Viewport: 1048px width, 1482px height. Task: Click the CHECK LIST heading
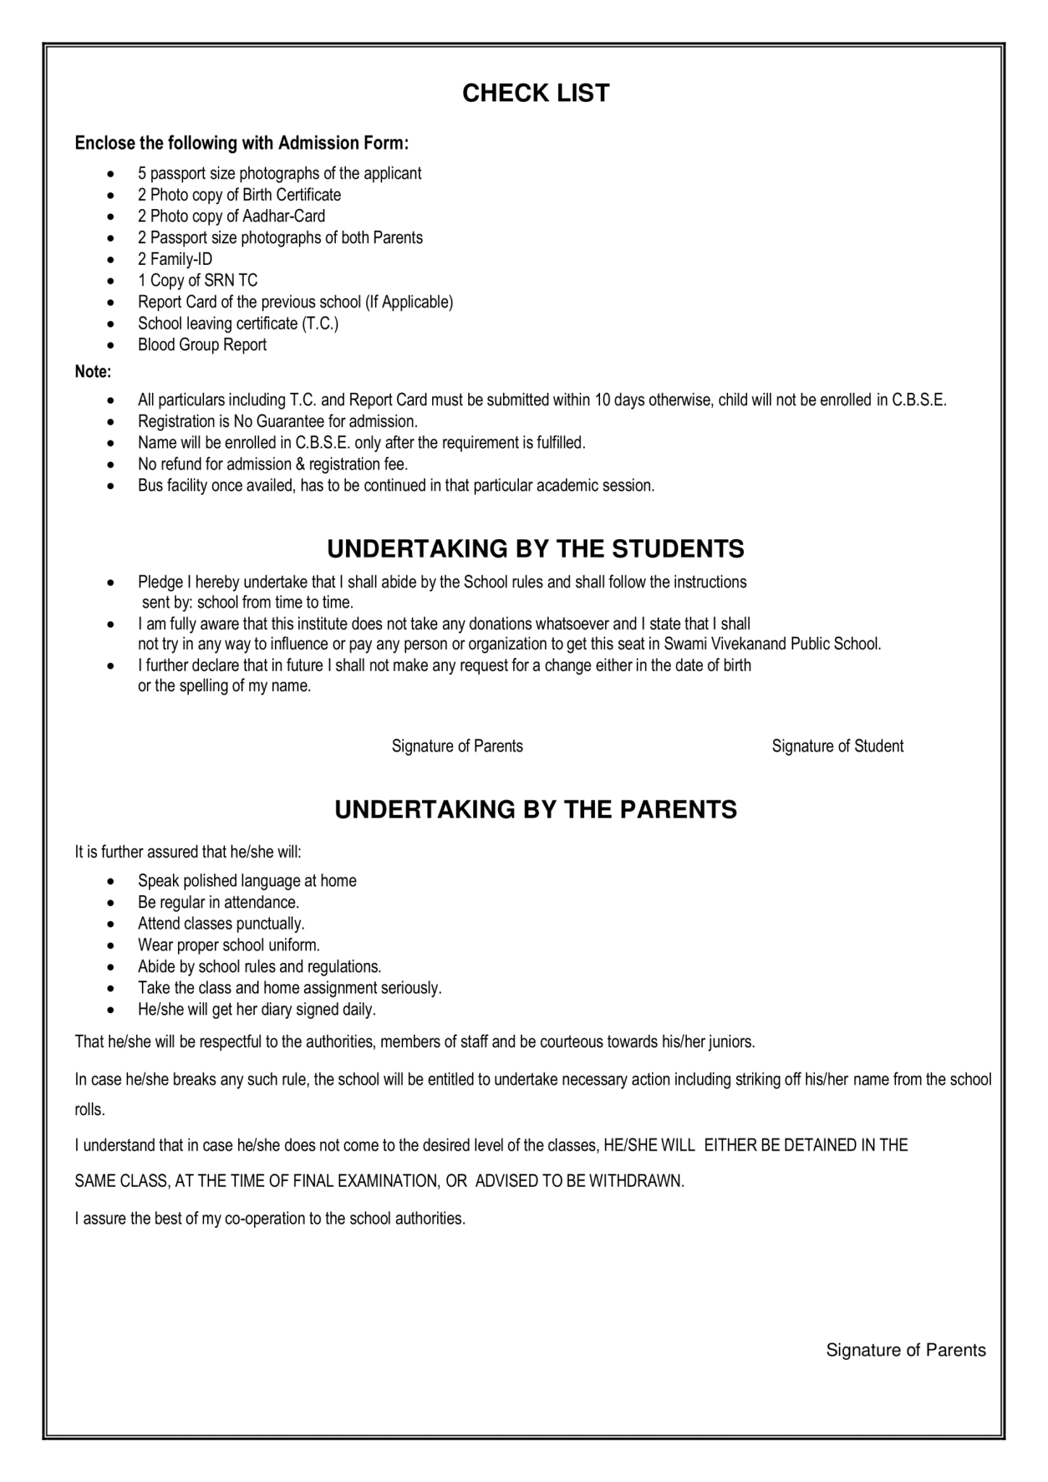point(536,93)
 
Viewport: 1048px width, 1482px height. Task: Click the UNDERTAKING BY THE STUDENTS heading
point(536,549)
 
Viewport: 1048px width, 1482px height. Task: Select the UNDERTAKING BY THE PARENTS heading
point(536,809)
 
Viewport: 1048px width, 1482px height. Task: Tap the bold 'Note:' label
point(93,373)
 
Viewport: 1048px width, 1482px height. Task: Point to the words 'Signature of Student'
point(837,746)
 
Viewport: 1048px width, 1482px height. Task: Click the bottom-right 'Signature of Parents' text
point(906,1350)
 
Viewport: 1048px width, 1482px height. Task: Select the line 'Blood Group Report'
point(202,345)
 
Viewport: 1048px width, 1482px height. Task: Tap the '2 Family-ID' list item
point(175,259)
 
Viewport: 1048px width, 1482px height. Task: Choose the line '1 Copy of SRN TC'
point(198,281)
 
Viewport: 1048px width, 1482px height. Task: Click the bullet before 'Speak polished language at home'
point(110,882)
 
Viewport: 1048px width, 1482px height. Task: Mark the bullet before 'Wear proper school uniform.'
point(110,947)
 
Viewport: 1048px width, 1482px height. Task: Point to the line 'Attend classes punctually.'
point(221,924)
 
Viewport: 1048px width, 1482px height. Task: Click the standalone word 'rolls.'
point(90,1109)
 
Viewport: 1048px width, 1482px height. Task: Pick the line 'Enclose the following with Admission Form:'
point(242,143)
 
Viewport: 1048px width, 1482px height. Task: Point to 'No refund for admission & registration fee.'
point(273,465)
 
